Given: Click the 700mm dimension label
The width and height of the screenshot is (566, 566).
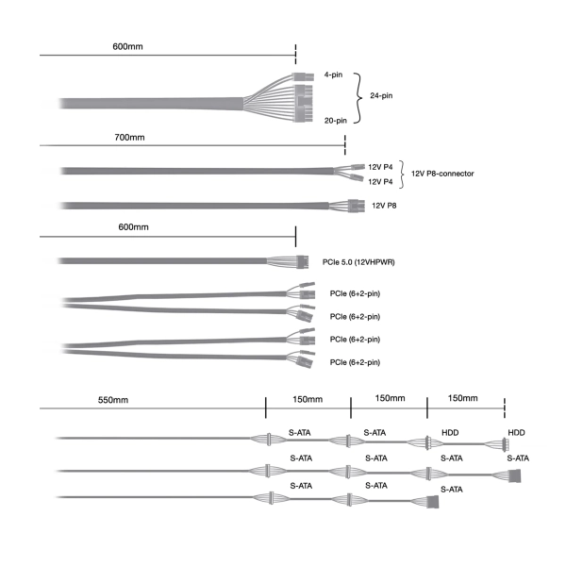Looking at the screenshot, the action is coord(129,137).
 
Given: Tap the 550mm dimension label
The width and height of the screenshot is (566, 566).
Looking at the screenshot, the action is coord(113,400).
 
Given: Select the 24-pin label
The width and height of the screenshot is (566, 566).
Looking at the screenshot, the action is coord(381,95).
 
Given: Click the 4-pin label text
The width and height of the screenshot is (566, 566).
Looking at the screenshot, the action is coord(333,75).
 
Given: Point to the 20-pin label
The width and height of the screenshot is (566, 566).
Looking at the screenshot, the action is coord(335,121).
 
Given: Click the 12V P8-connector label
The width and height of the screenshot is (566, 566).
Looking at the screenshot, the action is coord(442,174).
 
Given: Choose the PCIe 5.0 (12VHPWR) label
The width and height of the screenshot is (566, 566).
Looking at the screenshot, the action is coord(358,262).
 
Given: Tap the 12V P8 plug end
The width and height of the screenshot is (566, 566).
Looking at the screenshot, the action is coord(356,206).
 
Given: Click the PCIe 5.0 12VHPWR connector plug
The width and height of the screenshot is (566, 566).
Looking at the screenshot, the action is coord(303,262).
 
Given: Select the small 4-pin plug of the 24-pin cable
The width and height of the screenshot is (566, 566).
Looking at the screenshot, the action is coord(303,77).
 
